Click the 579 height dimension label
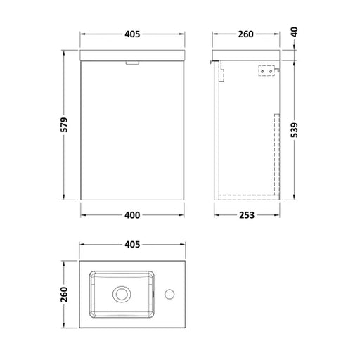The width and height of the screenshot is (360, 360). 64,125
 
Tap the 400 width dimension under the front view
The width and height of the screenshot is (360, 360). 132,215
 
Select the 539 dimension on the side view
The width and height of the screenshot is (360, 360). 294,130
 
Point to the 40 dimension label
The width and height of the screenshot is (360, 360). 295,32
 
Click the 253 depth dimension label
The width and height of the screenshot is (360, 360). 247,215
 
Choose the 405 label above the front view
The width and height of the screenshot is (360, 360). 132,34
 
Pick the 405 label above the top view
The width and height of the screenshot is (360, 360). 132,245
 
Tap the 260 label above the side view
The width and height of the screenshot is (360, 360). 246,34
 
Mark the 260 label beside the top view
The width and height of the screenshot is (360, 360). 64,294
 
